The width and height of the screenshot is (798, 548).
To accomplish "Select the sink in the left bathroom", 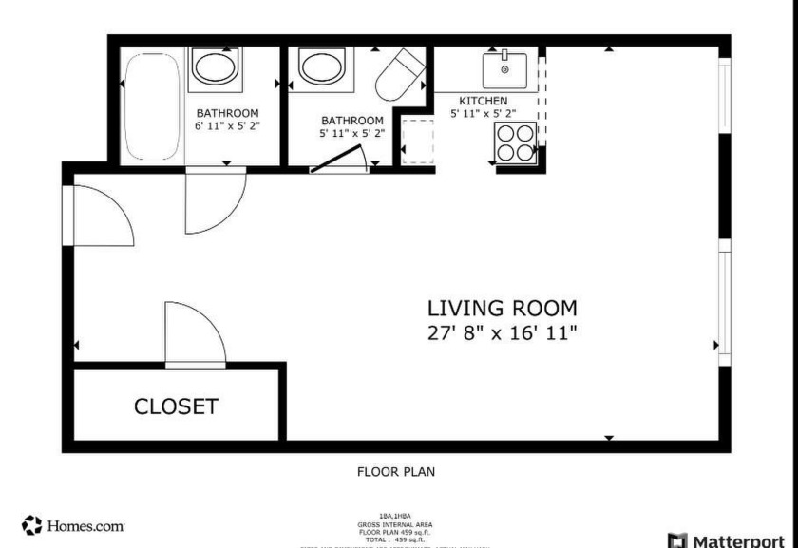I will [x=217, y=67].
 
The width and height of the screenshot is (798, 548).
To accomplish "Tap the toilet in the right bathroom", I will [x=399, y=73].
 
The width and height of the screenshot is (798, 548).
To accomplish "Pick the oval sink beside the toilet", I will [x=325, y=67].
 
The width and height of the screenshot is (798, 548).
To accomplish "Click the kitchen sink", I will [x=504, y=69].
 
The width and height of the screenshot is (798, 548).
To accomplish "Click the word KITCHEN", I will [x=484, y=101].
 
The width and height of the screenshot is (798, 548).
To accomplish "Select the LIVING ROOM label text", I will [x=502, y=308].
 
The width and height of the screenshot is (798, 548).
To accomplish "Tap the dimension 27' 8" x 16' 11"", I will [x=502, y=332].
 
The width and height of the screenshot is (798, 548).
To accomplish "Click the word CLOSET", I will [x=176, y=406].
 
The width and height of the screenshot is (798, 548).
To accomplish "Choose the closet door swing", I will [x=194, y=336].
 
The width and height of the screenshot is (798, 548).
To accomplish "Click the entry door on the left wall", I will [x=100, y=216].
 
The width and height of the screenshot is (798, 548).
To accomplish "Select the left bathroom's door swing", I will [x=215, y=200].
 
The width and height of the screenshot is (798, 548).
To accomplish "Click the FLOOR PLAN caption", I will [x=396, y=471].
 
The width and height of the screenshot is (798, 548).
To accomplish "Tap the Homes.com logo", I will [x=73, y=525].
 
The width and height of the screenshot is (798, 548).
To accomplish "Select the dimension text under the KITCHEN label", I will [x=484, y=113].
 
